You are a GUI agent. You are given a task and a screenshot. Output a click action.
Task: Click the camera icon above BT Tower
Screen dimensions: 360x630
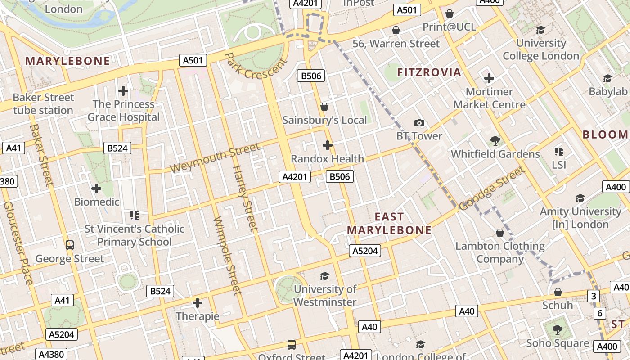[x=419, y=123]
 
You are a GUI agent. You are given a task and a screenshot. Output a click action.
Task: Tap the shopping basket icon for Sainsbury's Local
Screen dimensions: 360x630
[x=324, y=107]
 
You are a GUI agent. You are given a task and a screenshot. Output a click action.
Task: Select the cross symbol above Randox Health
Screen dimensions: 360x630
[x=328, y=145]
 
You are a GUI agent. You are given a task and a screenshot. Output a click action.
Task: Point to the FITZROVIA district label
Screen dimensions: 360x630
[x=429, y=72]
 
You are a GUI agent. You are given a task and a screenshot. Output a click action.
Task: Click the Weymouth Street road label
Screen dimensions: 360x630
[x=215, y=157]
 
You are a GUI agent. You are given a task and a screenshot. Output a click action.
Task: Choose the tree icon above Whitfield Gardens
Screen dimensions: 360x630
[x=495, y=141]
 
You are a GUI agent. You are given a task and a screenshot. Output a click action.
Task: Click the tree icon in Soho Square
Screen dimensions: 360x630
[x=558, y=330]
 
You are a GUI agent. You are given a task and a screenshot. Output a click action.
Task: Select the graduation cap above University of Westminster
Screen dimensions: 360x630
[x=324, y=276]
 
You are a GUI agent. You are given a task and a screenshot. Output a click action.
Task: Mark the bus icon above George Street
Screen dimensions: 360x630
[x=70, y=245]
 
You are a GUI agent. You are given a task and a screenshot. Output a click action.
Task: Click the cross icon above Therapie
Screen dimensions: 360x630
[x=198, y=303]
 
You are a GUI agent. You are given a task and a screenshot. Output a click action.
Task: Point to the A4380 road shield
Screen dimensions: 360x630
[x=51, y=354]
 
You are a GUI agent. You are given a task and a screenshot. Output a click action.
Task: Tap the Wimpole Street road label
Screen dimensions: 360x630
[x=227, y=256]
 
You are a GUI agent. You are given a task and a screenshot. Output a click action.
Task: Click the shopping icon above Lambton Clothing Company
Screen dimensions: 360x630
[x=500, y=233]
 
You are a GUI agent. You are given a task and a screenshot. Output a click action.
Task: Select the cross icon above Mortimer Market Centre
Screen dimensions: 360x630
[x=489, y=79]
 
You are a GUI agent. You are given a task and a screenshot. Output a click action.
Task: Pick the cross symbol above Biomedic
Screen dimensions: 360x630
[x=96, y=189]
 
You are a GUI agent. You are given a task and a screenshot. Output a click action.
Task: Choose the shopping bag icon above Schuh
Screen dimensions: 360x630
[x=558, y=292]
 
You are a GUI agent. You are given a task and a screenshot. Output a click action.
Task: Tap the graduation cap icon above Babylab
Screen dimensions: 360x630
[x=607, y=79]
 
